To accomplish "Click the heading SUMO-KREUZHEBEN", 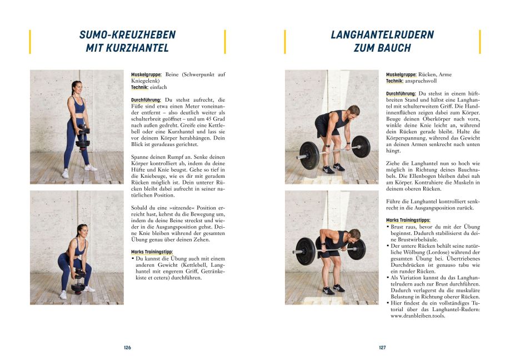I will pos(127,35).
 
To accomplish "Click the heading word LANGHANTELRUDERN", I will pos(382,35).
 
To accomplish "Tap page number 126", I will pos(127,348).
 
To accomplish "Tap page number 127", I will pos(382,348).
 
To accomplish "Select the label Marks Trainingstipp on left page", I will pos(152,252).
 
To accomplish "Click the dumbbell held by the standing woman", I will pos(82,137).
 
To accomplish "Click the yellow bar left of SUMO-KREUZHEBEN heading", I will pos(30,42).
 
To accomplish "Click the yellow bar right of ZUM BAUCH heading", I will pos(479,42).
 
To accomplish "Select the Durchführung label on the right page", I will pos(401,94).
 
